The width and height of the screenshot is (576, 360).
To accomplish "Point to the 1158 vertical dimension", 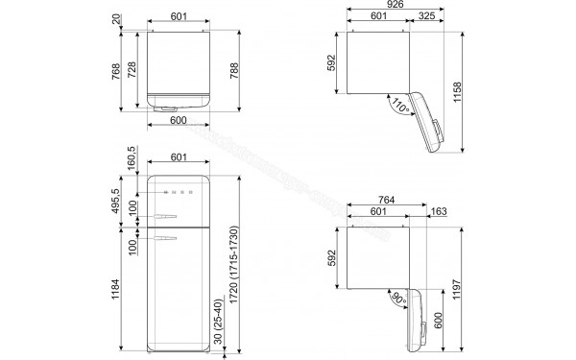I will coord(469,89).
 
